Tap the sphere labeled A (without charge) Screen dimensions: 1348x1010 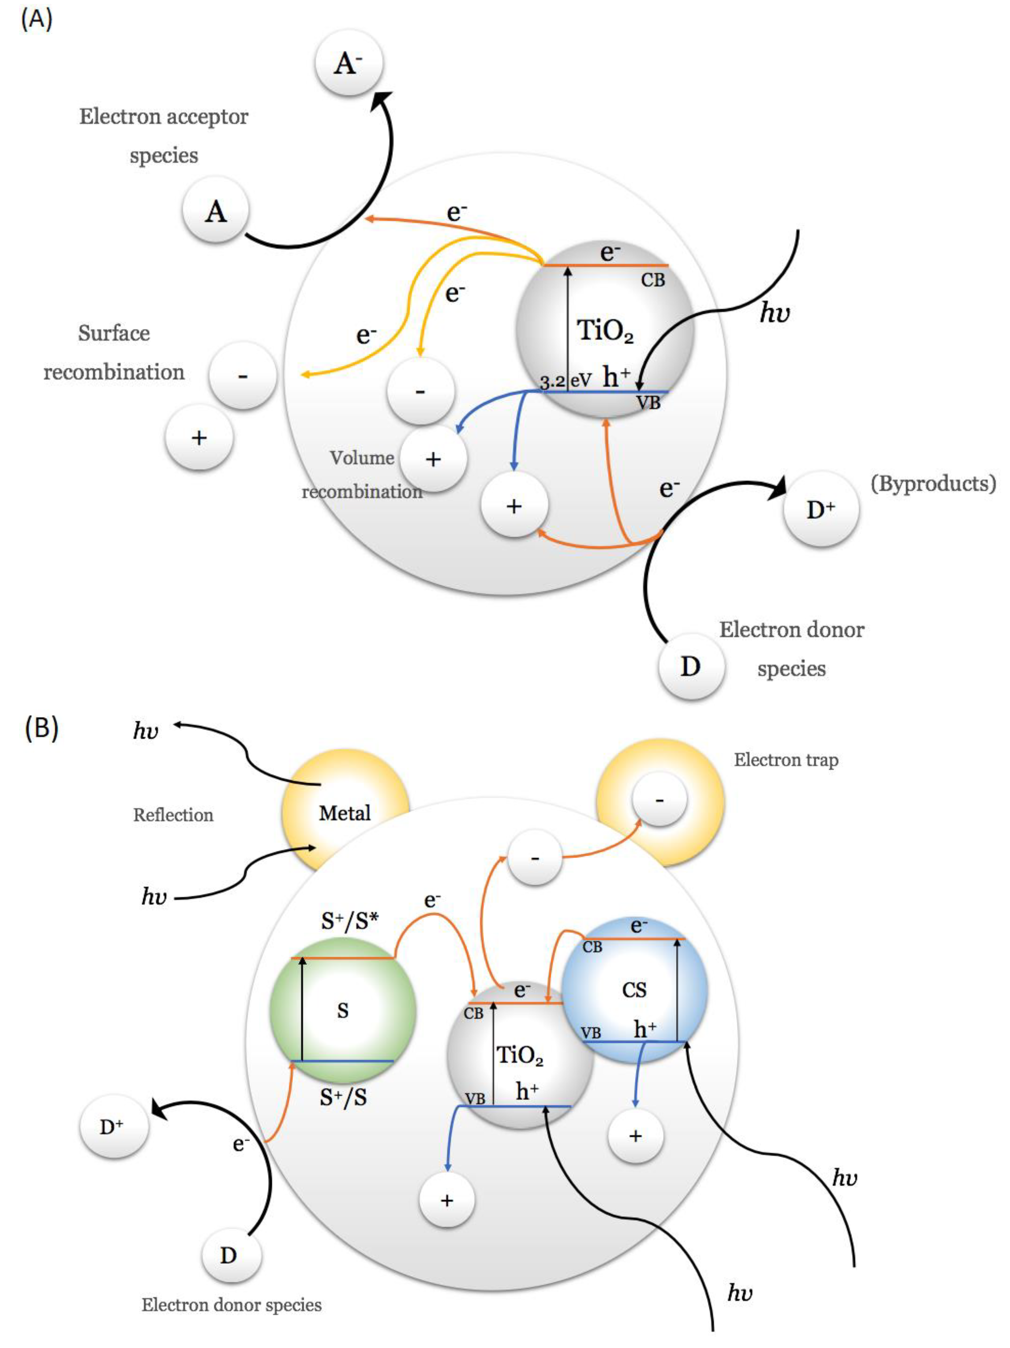216,212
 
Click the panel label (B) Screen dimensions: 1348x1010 42,728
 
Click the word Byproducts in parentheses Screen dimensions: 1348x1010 933,483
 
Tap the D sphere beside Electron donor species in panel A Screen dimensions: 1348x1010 690,666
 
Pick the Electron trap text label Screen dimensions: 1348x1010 786,760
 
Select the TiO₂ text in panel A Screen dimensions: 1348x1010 605,331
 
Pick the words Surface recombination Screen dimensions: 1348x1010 114,352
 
